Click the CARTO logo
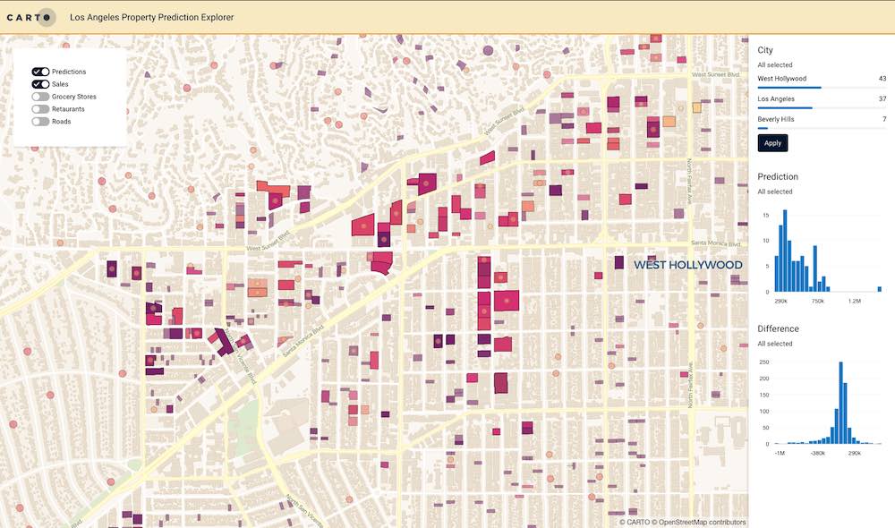pyautogui.click(x=31, y=17)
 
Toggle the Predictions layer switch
pyautogui.click(x=40, y=72)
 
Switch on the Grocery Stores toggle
pyautogui.click(x=40, y=97)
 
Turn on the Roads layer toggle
pyautogui.click(x=40, y=122)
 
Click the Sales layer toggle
pyautogui.click(x=40, y=84)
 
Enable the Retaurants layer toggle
pyautogui.click(x=40, y=109)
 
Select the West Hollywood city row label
pyautogui.click(x=781, y=79)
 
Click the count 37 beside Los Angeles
pyautogui.click(x=882, y=98)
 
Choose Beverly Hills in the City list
pyautogui.click(x=777, y=118)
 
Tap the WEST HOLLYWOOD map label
pyautogui.click(x=687, y=265)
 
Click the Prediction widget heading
pyautogui.click(x=777, y=176)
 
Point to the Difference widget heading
pyautogui.click(x=778, y=328)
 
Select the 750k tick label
pyautogui.click(x=817, y=301)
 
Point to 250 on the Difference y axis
pyautogui.click(x=763, y=362)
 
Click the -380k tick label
pyautogui.click(x=817, y=453)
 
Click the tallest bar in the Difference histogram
pyautogui.click(x=841, y=403)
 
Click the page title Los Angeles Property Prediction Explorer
pyautogui.click(x=152, y=17)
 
